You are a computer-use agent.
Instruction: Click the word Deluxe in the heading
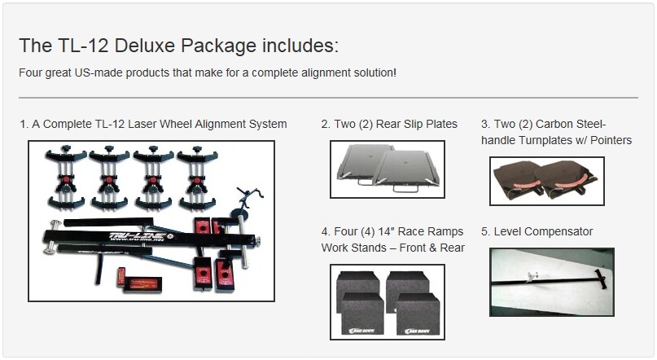coord(145,46)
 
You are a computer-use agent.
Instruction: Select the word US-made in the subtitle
coord(99,72)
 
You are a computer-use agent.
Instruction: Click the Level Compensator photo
coord(552,282)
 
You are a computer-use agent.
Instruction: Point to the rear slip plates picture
coord(388,169)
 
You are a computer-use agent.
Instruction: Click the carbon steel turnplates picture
coord(547,181)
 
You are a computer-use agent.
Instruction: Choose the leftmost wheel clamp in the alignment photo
coord(66,178)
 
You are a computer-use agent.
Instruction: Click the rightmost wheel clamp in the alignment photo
coord(197,178)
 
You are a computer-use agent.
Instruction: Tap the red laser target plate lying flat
coord(142,283)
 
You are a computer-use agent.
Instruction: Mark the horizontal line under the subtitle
coord(329,98)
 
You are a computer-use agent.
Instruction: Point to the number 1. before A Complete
coord(24,124)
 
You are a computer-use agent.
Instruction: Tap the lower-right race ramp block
coord(418,314)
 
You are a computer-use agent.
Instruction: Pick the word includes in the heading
coord(300,46)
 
